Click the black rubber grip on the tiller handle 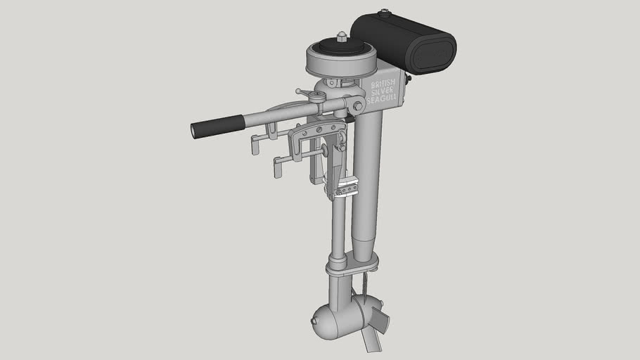click(217, 126)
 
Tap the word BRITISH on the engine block click(383, 85)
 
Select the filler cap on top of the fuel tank click(384, 13)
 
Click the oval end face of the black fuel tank click(433, 56)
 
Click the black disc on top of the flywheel click(341, 46)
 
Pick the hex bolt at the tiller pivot click(358, 106)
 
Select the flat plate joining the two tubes click(352, 265)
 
